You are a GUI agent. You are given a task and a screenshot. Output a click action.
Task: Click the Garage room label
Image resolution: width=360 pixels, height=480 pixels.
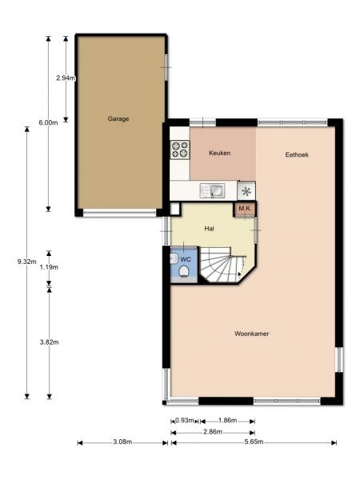[x=118, y=118]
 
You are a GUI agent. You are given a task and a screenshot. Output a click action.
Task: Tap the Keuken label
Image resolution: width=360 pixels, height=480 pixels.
[x=219, y=153]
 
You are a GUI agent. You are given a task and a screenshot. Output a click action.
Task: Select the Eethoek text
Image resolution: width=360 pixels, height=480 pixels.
[x=297, y=155]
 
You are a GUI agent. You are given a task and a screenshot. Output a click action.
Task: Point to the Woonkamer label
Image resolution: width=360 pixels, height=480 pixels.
[x=252, y=334]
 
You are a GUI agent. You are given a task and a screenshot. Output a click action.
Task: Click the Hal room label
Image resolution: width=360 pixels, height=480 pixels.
[x=209, y=228]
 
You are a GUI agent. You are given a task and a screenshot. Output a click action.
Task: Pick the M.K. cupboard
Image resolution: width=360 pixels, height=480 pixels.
[x=245, y=209]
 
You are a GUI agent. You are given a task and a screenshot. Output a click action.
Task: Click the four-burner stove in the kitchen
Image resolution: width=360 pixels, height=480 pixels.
[x=180, y=150]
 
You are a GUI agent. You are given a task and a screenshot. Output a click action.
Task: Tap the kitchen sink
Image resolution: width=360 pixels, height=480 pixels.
[x=213, y=190]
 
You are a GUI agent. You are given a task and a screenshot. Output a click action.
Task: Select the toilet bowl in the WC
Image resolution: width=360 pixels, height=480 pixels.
[x=184, y=271]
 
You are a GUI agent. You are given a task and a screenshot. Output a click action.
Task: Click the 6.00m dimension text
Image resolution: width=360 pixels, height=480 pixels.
[x=48, y=123]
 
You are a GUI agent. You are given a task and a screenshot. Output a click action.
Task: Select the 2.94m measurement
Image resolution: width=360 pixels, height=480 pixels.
[x=66, y=78]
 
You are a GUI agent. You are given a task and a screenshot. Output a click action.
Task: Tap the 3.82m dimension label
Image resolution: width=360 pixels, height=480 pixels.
[x=49, y=342]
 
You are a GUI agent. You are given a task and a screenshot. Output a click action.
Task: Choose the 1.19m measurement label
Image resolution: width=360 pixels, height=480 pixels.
[x=49, y=267]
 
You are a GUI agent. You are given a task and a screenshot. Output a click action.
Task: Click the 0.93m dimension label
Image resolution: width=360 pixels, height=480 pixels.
[x=185, y=420]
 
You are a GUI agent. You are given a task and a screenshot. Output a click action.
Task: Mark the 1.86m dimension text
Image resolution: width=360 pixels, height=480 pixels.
[x=227, y=420]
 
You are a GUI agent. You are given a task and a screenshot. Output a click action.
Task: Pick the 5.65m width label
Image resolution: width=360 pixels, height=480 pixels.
[x=254, y=442]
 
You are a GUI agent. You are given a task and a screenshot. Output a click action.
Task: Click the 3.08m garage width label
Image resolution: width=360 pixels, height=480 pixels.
[x=122, y=442]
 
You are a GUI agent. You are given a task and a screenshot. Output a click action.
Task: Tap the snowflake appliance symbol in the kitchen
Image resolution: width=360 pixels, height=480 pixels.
[x=246, y=191]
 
